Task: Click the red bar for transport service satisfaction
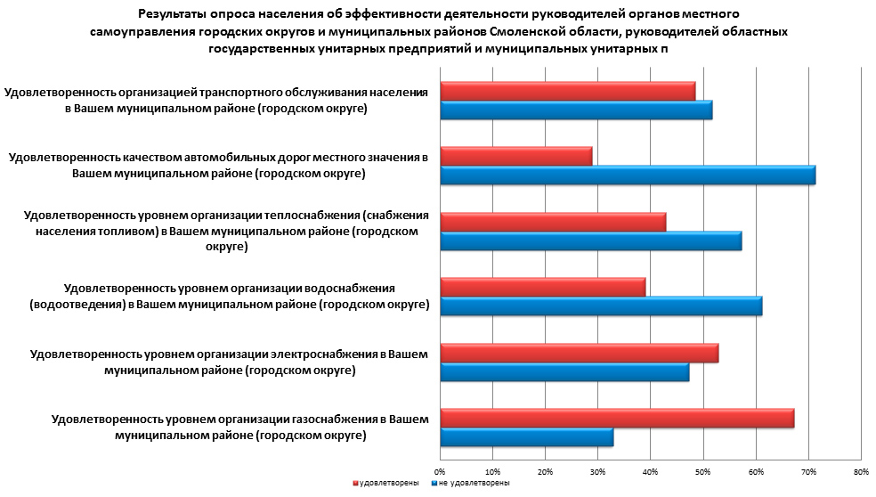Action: pos(568,90)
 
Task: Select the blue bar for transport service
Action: pos(576,110)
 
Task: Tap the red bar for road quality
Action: pos(516,156)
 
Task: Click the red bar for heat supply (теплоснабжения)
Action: pos(553,222)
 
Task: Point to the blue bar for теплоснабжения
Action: pos(591,241)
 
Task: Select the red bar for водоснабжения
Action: pos(543,287)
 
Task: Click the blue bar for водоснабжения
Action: pos(601,306)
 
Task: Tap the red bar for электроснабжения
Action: pos(580,353)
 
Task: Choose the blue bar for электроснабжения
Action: pos(564,372)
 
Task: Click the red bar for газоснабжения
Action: pos(617,419)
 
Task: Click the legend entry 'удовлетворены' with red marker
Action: pos(386,484)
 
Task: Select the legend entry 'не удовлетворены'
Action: pos(472,484)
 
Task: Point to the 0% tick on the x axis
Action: pos(440,471)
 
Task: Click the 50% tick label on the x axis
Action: pos(702,471)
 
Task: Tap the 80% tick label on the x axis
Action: pos(860,471)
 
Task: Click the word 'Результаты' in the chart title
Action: pos(174,14)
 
